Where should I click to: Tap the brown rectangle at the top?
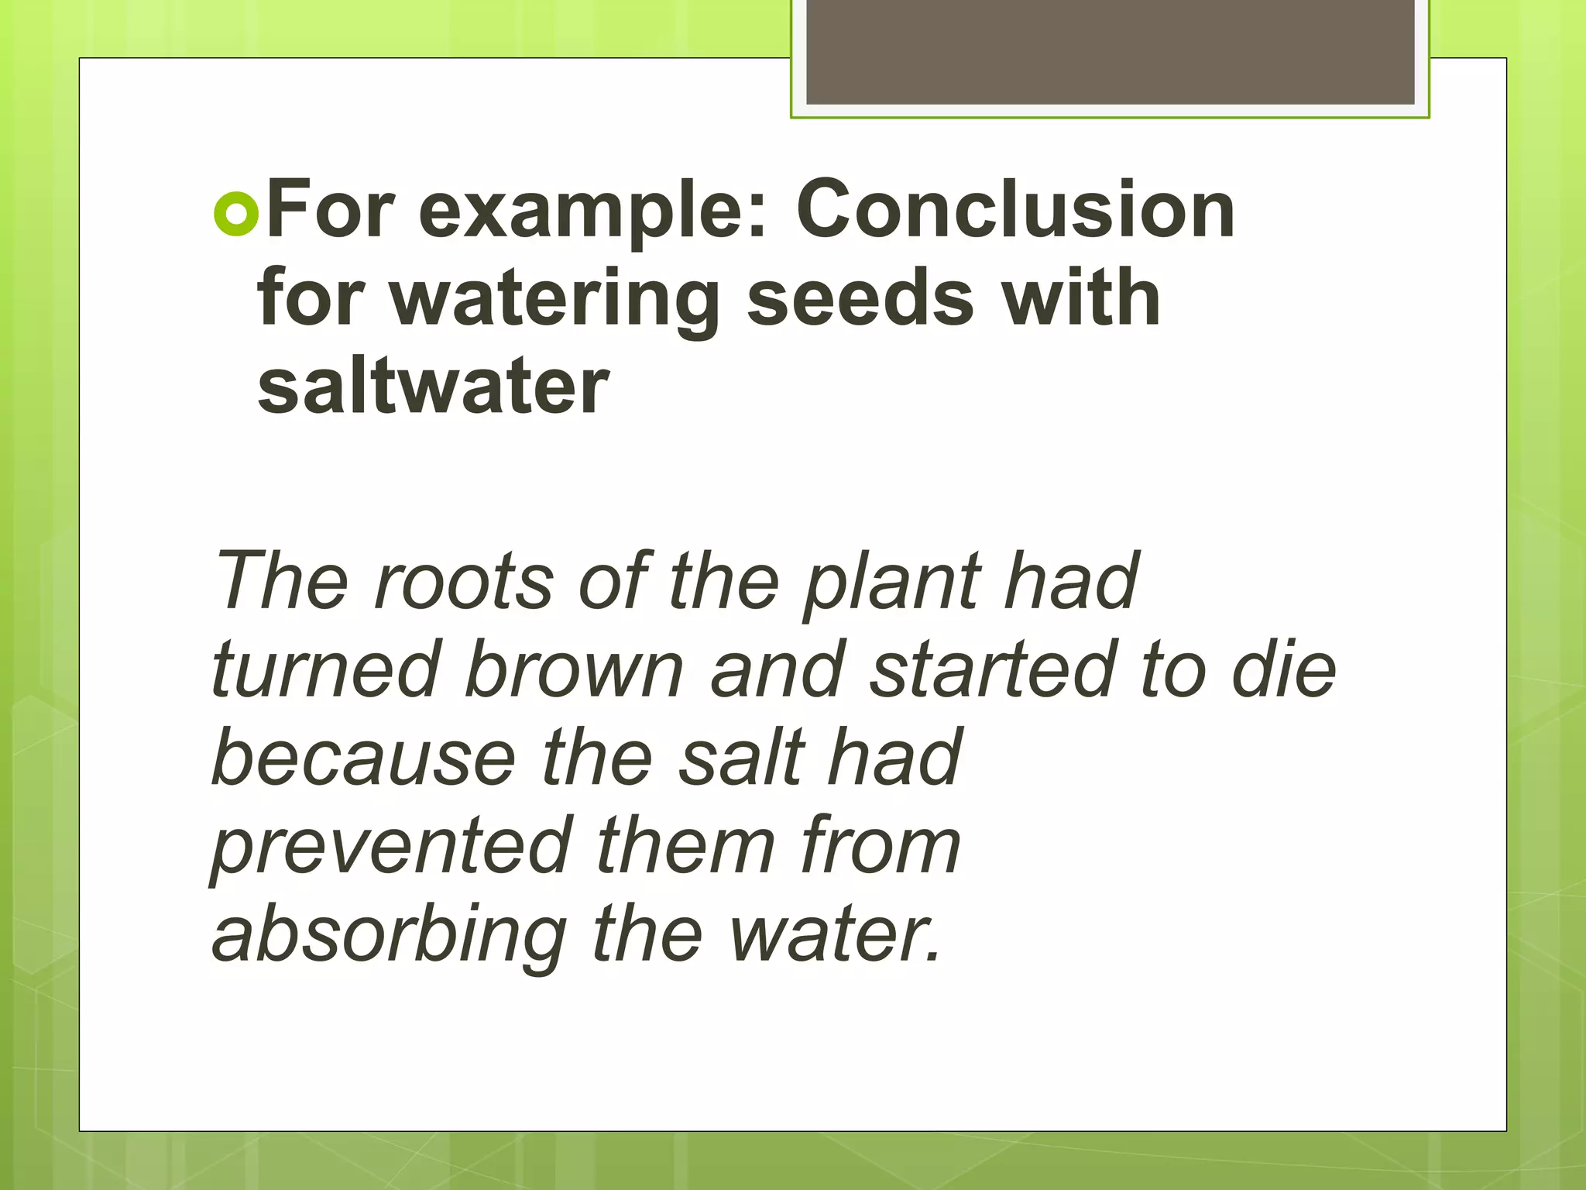1110,53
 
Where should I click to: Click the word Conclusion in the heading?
1014,210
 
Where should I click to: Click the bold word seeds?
860,299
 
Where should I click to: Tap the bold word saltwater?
434,387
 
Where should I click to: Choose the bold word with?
1080,298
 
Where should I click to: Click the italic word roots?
464,580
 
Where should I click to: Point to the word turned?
325,669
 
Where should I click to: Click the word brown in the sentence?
575,669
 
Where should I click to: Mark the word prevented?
391,849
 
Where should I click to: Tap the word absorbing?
390,937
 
